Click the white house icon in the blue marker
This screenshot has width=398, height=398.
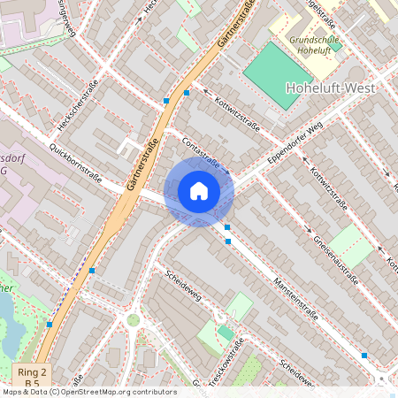tap(199, 191)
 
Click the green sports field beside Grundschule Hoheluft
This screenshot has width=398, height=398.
tap(279, 75)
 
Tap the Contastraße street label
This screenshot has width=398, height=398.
tap(201, 152)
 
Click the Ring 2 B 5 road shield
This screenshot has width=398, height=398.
tap(32, 375)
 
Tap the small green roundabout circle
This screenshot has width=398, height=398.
tap(134, 320)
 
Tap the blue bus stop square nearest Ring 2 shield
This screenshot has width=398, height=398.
tap(50, 325)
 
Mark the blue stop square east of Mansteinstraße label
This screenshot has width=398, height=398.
tap(364, 355)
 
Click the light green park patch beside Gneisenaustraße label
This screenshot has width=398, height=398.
tap(351, 245)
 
